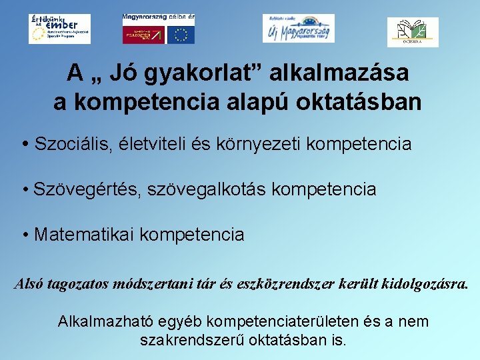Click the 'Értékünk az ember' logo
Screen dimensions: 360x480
click(59, 29)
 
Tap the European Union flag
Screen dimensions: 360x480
click(181, 35)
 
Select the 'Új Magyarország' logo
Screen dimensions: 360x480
click(298, 28)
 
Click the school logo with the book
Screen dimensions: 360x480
click(413, 31)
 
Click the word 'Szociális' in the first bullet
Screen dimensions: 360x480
click(75, 143)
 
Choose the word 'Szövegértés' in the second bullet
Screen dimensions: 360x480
click(79, 189)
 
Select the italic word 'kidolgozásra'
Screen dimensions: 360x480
click(424, 285)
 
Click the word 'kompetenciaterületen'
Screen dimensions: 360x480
click(285, 321)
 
